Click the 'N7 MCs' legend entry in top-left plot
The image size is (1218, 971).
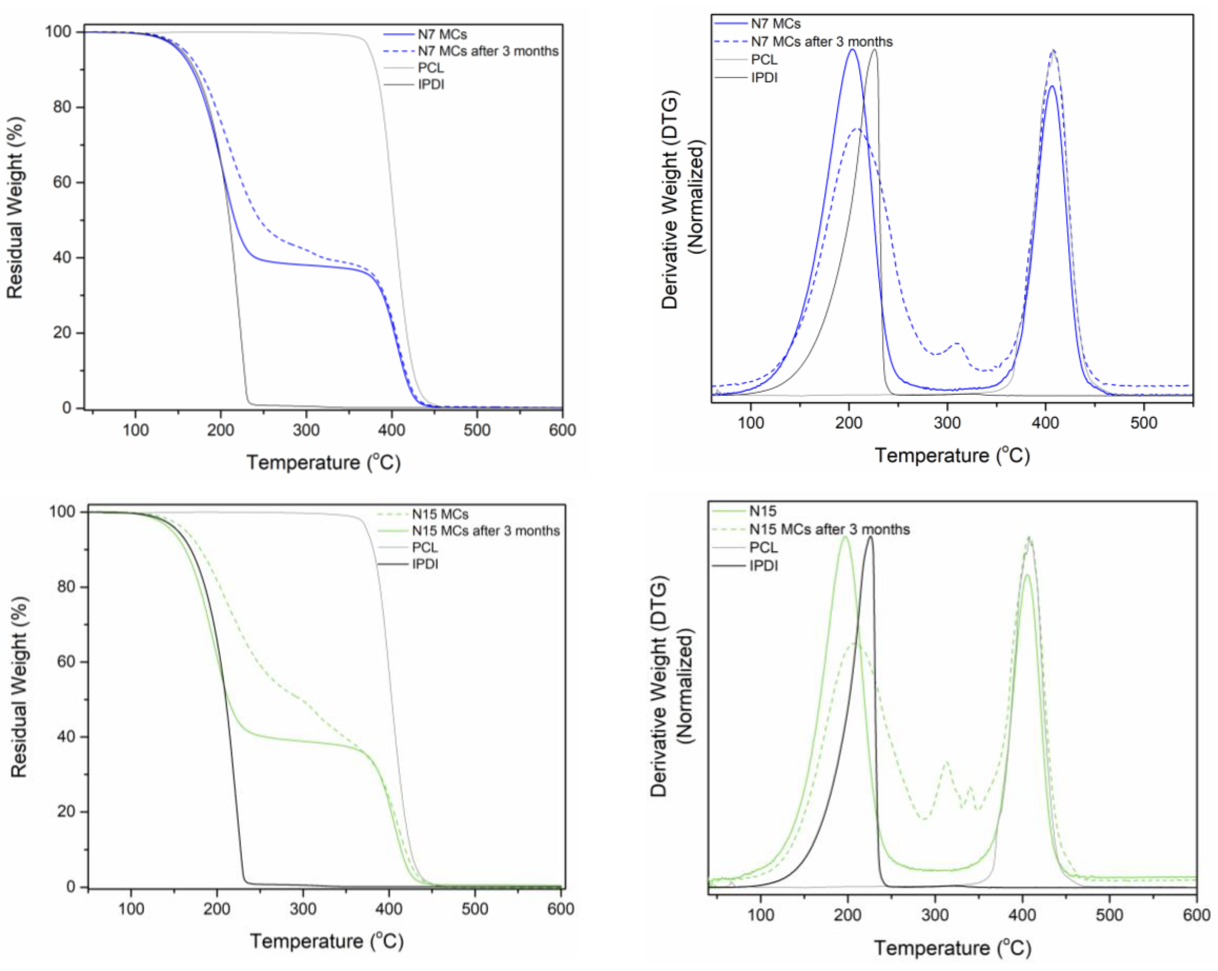point(442,34)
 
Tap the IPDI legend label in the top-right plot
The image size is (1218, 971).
point(764,77)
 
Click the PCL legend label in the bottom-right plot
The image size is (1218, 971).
point(763,547)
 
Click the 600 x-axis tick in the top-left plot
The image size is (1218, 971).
point(562,430)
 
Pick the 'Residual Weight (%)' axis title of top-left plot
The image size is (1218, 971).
point(15,208)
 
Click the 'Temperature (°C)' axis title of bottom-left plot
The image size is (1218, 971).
point(326,941)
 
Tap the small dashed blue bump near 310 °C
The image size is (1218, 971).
point(956,343)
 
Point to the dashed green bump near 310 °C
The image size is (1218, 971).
point(945,763)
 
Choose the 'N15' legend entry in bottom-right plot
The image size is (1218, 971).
point(762,511)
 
